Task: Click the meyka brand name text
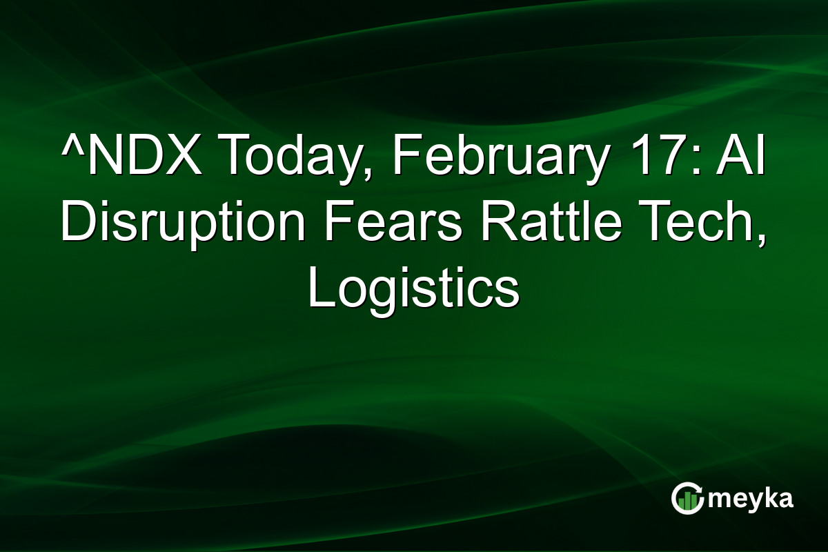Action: (x=753, y=499)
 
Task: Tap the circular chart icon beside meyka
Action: (x=688, y=499)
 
